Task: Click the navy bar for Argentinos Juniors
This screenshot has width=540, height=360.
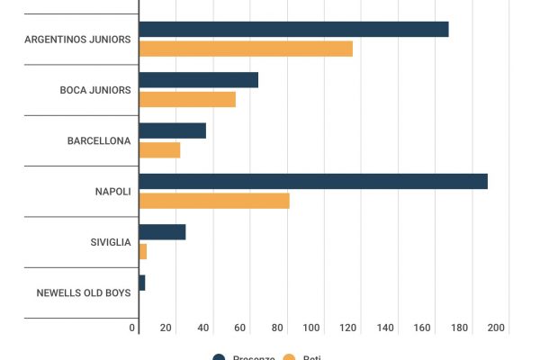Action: click(293, 29)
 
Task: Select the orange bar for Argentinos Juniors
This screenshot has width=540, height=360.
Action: click(246, 49)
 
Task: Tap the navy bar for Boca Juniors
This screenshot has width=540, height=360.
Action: click(199, 80)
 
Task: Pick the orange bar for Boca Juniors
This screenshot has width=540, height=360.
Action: click(187, 99)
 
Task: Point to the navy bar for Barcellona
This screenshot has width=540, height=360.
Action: click(173, 130)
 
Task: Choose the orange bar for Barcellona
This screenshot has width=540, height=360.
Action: click(160, 149)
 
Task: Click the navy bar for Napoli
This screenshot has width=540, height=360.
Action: click(313, 181)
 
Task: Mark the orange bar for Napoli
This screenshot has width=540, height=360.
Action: click(214, 201)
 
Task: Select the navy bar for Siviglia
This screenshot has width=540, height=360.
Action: click(163, 232)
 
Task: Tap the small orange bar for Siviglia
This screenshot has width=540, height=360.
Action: click(143, 251)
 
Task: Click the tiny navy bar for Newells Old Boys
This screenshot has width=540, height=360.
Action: click(142, 283)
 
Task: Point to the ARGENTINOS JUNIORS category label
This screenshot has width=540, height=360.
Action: click(77, 40)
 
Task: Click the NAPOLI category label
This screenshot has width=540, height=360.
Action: click(112, 192)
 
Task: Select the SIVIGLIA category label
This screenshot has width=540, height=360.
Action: click(110, 242)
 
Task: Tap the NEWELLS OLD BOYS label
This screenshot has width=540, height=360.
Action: click(83, 292)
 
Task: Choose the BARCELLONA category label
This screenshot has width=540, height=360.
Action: click(99, 141)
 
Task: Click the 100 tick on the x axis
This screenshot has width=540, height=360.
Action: click(312, 328)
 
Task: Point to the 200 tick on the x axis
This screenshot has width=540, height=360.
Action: click(496, 328)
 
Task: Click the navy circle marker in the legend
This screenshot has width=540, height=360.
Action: click(219, 357)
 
